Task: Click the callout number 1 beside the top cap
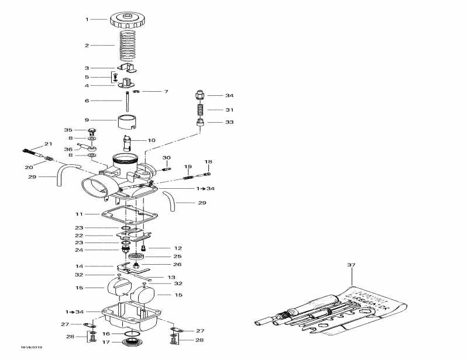87,19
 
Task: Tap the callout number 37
351,265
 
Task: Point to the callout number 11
87,214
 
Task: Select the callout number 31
229,109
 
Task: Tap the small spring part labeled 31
199,109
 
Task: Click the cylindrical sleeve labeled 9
131,122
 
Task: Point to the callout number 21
48,144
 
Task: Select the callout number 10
152,140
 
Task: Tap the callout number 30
166,158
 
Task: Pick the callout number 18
208,161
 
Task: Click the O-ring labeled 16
132,334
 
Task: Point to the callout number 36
68,149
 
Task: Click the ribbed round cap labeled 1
126,20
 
